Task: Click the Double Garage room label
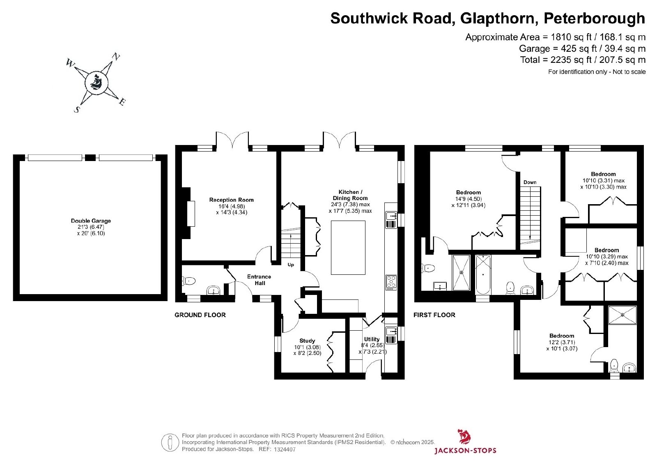(91, 221)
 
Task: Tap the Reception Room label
(232, 200)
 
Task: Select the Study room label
(307, 341)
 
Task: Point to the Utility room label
(372, 339)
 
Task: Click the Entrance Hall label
(259, 280)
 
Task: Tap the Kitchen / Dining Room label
(350, 195)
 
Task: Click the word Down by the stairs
(530, 182)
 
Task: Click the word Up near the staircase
(291, 265)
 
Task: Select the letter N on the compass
(116, 56)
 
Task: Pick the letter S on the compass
(77, 110)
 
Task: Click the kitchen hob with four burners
(391, 282)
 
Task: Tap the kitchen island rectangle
(348, 248)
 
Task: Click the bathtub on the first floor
(483, 274)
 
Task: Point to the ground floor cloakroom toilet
(188, 281)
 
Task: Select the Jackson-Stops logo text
(465, 450)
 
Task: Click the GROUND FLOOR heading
(200, 315)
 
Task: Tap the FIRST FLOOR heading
(434, 315)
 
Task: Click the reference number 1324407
(285, 449)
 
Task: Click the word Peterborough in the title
(594, 18)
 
